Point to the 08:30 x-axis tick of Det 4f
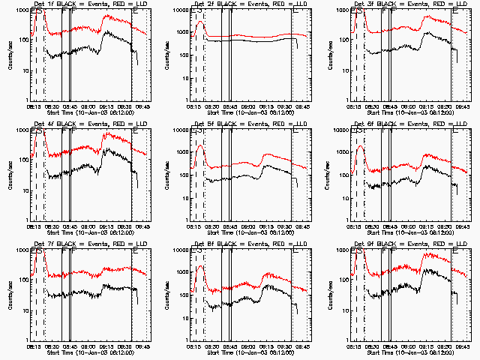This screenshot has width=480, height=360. coord(50,225)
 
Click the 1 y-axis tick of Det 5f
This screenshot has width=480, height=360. coord(187,220)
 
